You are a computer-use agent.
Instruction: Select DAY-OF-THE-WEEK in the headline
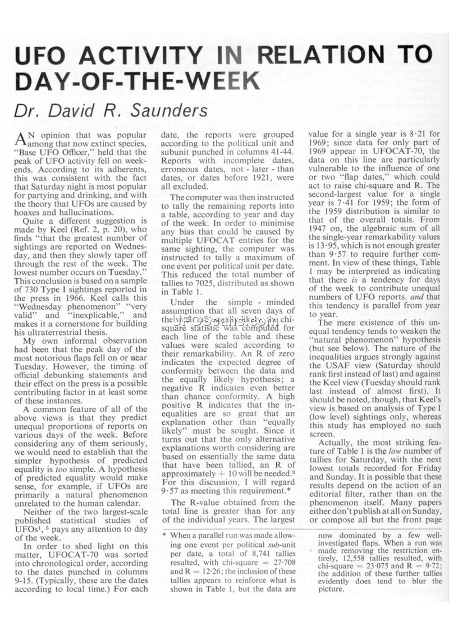coord(138,81)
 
